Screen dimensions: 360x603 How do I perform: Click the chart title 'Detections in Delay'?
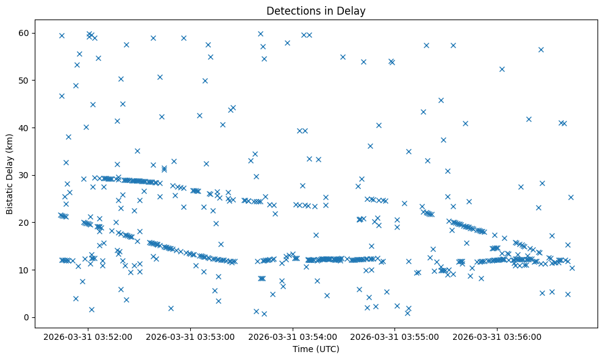[x=316, y=10]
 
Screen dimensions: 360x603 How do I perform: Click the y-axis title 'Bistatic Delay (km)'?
[x=10, y=175]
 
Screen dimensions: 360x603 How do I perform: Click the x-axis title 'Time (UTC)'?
[x=316, y=349]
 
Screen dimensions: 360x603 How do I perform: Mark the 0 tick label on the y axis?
[x=30, y=317]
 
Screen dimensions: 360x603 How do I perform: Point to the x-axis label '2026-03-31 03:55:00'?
[x=396, y=336]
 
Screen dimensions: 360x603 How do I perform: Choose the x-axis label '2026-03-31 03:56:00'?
[x=498, y=336]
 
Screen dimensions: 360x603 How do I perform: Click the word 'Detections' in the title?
[x=291, y=10]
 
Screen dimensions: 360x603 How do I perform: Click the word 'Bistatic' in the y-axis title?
[x=10, y=198]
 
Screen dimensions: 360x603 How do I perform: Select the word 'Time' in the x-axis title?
[x=303, y=349]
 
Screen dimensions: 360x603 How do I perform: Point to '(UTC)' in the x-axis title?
[x=327, y=349]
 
